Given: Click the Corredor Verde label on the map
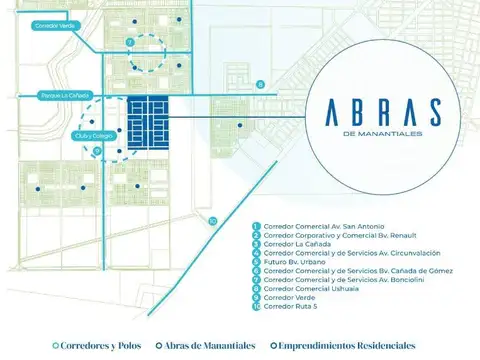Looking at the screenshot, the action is (x=27, y=25).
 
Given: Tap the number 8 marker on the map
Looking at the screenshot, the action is (x=259, y=85).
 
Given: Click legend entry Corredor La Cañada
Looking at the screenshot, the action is (x=296, y=243).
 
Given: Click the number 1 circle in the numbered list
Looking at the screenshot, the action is (x=257, y=227).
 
